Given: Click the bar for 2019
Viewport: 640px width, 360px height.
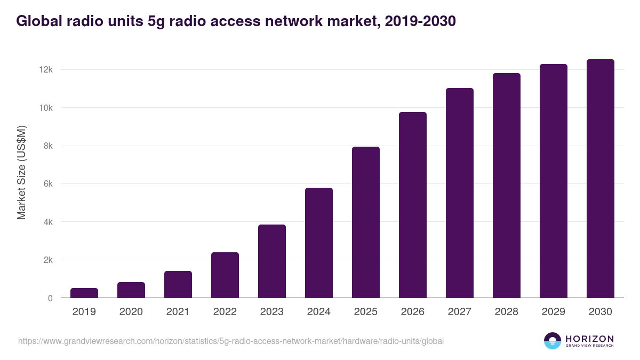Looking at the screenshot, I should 84,293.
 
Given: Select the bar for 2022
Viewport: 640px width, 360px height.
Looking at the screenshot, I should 225,275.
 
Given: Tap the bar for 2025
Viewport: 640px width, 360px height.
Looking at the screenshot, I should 366,222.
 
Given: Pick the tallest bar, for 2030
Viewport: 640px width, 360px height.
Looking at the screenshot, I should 601,179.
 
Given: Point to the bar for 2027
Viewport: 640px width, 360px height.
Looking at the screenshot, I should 460,193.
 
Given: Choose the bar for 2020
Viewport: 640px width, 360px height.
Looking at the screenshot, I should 131,290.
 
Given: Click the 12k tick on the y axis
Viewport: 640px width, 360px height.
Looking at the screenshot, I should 45,70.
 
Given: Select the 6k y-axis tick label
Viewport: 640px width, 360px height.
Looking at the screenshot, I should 47,184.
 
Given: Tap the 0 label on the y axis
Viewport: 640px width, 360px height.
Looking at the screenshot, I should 50,298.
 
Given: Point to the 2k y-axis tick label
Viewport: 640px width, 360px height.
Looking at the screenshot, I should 47,260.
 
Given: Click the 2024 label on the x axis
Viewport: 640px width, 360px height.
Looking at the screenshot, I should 319,312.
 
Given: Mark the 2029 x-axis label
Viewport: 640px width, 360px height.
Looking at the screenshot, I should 554,312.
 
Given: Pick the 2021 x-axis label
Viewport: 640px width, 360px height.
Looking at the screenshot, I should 178,312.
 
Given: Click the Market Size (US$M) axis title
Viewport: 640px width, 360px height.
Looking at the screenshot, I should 21,172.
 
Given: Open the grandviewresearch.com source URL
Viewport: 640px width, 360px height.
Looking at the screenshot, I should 230,341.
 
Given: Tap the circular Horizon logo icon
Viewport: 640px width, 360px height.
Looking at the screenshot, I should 553,341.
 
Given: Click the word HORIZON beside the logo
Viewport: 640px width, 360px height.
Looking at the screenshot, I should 589,338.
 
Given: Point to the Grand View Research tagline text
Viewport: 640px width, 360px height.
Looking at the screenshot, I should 589,346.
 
